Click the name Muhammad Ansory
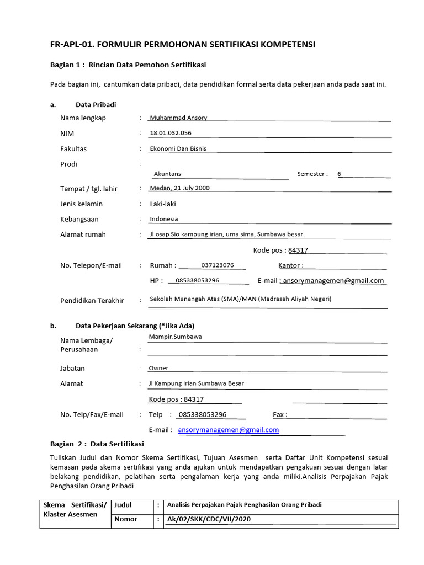coord(178,118)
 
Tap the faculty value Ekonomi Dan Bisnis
coord(178,148)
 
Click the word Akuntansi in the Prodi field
coord(168,174)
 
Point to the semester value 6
coord(340,174)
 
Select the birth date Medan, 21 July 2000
coord(180,188)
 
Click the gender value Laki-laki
coord(163,204)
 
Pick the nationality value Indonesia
coord(164,219)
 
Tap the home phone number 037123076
coord(218,265)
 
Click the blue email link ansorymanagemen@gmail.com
coord(229,430)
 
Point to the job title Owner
coord(158,368)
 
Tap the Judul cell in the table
coord(123,505)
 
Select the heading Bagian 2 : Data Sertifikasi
coord(97,444)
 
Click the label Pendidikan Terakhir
coord(92,301)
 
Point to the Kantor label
coord(290,265)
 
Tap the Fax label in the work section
coord(279,415)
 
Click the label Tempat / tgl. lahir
coord(88,189)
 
